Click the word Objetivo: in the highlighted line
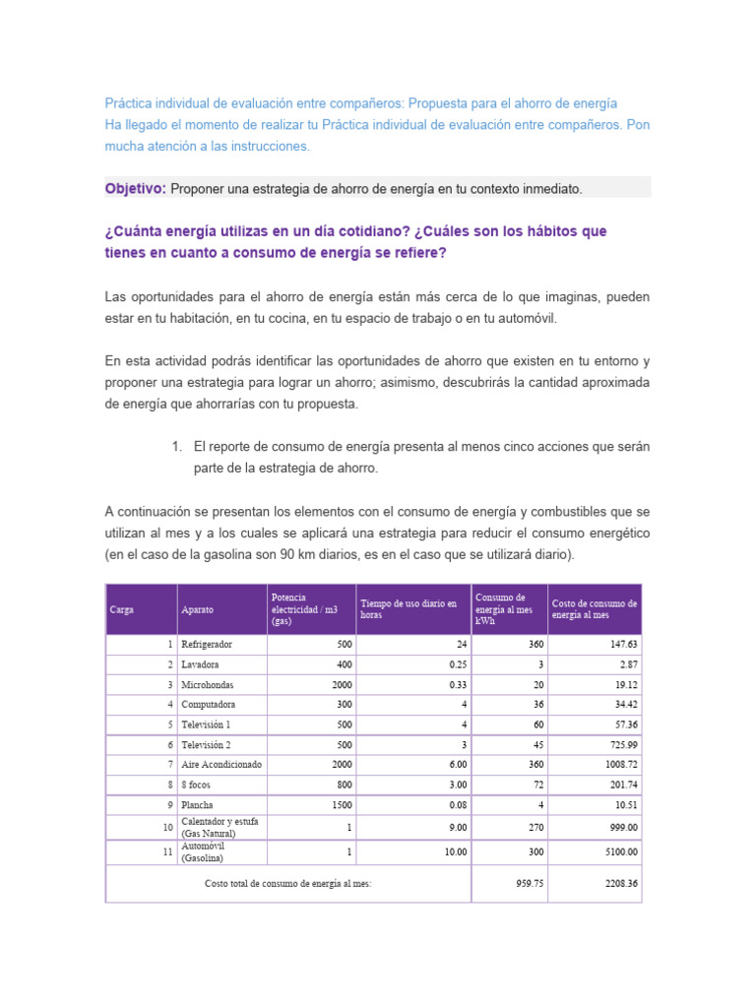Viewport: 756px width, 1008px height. click(135, 188)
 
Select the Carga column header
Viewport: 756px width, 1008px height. click(123, 609)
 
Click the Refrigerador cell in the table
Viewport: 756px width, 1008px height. click(207, 644)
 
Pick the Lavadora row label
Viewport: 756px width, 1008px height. click(201, 664)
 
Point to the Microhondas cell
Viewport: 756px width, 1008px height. click(207, 684)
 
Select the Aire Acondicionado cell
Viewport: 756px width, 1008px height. click(219, 764)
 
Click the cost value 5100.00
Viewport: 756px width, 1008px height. click(618, 851)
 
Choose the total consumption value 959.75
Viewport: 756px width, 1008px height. click(530, 883)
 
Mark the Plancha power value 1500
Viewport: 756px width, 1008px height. click(340, 804)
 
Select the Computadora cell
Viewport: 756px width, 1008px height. click(208, 704)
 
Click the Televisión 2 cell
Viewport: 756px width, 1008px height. click(206, 744)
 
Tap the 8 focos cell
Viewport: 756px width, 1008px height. click(197, 785)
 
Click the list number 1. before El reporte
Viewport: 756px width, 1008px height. click(177, 447)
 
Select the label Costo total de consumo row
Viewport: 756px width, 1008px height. click(288, 883)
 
